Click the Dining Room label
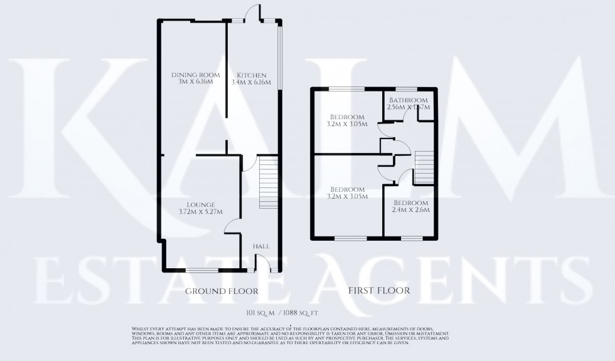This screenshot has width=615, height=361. (x=193, y=75)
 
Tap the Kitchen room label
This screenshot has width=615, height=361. (x=251, y=75)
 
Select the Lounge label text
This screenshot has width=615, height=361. (x=201, y=204)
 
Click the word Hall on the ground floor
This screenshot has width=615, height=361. (x=261, y=247)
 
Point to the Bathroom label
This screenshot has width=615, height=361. (x=408, y=100)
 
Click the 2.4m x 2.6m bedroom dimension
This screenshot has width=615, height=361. (x=411, y=211)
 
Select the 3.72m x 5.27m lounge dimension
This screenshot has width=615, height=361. (x=201, y=212)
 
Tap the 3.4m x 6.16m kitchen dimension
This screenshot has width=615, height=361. (x=251, y=83)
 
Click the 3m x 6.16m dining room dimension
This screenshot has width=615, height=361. (x=193, y=83)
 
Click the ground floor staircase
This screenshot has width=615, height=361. (x=268, y=183)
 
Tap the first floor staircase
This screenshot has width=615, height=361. (x=423, y=167)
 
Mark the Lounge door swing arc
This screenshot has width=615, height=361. (x=232, y=227)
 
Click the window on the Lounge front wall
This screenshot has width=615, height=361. (x=201, y=271)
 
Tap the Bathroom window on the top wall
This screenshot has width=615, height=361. (x=403, y=90)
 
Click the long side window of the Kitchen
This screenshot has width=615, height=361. (x=281, y=56)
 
